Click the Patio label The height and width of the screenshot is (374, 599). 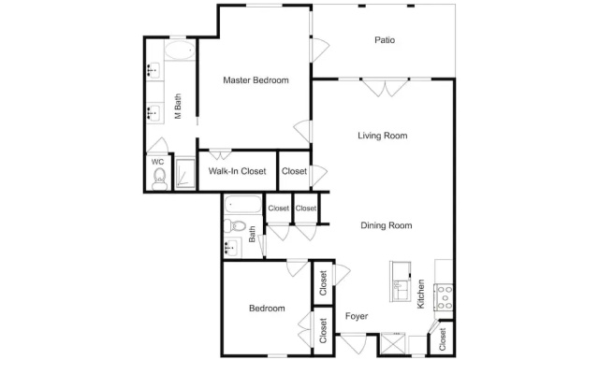coord(385,40)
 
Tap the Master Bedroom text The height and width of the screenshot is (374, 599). coord(256,80)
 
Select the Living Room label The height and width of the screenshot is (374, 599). coord(383,136)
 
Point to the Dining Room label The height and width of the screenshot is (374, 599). coord(387,225)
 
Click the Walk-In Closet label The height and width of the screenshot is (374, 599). coord(237,171)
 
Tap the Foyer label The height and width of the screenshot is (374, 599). coord(357,316)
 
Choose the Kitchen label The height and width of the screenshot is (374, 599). coord(420,294)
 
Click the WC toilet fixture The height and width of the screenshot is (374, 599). coord(159,179)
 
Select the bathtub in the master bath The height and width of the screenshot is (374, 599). coord(180,50)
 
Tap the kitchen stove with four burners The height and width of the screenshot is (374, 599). coord(444,297)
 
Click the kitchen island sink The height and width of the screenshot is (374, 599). coord(400,281)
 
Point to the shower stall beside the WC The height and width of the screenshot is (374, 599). coord(185,174)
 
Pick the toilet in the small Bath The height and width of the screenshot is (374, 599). coord(235,226)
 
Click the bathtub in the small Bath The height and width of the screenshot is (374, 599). coord(243,205)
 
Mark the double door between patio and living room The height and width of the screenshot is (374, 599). coord(385,87)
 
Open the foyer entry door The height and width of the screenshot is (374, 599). coord(353,343)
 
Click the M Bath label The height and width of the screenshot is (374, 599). coord(178,107)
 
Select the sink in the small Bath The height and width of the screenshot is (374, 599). coord(232,248)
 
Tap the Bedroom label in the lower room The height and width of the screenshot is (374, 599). coord(267,309)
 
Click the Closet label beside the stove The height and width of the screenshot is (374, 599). coord(443,339)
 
